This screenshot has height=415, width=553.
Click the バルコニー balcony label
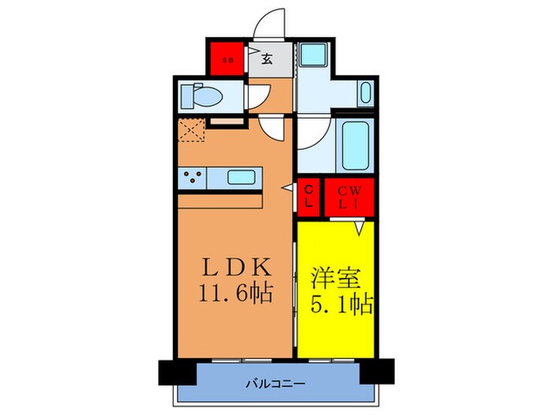click(276, 384)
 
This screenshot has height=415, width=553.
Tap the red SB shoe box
click(227, 57)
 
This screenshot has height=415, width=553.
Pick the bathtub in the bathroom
click(352, 144)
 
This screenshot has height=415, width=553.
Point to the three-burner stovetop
click(191, 178)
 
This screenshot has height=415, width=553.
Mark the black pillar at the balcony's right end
click(379, 370)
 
